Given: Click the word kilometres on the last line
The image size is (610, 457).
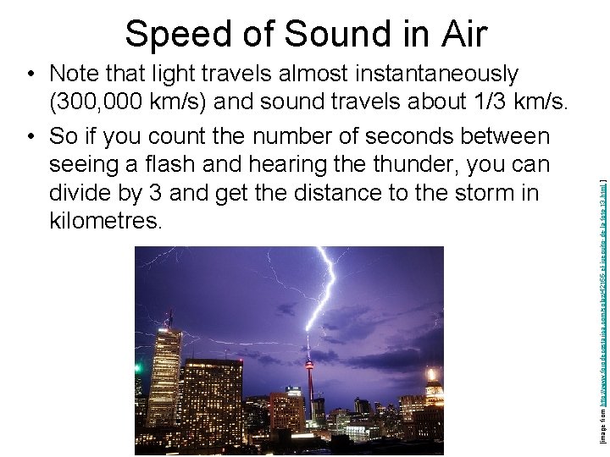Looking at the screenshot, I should [x=104, y=223].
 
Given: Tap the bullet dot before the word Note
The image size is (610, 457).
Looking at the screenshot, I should [x=30, y=74].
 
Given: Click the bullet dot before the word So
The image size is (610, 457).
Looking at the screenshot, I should [x=30, y=136].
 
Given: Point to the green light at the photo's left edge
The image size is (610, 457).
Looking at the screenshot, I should [x=138, y=367].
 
